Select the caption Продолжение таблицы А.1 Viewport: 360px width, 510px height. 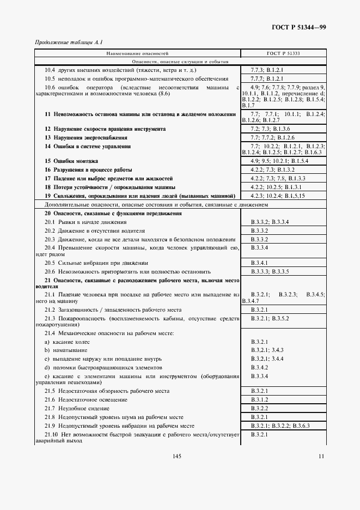click(69, 42)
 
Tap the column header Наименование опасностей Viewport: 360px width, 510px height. click(137, 54)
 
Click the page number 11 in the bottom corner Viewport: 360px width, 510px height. click(322, 456)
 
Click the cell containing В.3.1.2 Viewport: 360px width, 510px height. click(261, 399)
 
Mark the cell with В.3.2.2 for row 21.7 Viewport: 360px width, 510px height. click(261, 408)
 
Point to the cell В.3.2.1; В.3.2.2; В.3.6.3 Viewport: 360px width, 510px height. click(280, 425)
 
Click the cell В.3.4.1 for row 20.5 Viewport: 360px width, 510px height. click(261, 263)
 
